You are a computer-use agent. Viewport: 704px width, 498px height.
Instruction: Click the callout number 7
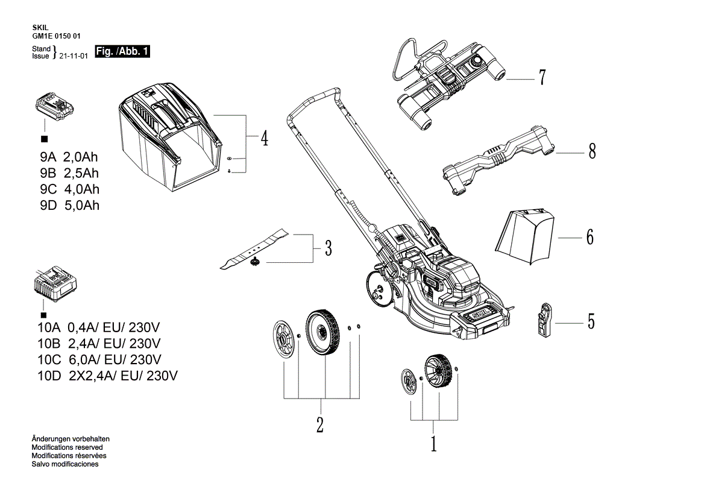click(x=542, y=78)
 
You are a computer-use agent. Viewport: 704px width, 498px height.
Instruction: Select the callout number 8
click(x=592, y=151)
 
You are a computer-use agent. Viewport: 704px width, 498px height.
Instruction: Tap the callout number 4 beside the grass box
click(x=264, y=139)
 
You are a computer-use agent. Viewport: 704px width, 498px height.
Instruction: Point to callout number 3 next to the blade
click(x=328, y=248)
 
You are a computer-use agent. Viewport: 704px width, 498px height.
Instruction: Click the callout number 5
click(x=591, y=321)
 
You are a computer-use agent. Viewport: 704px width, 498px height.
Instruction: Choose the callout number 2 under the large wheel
click(x=319, y=424)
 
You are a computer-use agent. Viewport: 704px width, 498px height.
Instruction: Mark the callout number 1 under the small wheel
click(x=433, y=444)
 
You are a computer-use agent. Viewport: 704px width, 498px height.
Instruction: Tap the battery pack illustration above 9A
click(x=54, y=108)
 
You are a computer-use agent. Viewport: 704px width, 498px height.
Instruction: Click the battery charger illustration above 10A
click(x=55, y=288)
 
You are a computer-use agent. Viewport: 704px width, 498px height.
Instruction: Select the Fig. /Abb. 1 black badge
click(x=122, y=52)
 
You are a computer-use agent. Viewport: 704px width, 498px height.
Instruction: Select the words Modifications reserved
click(x=66, y=447)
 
